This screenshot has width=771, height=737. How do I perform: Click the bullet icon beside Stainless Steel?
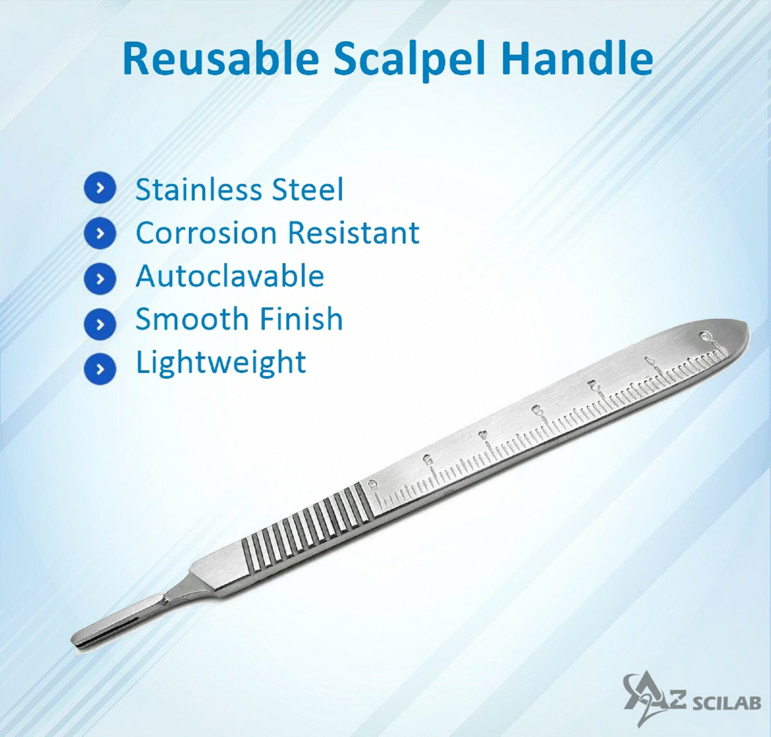(x=100, y=189)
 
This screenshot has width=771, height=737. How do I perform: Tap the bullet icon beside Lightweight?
(x=100, y=368)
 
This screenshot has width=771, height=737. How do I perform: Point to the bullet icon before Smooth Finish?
(x=100, y=324)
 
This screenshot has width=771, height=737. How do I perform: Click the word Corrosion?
(x=206, y=233)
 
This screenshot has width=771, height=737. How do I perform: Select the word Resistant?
(x=354, y=233)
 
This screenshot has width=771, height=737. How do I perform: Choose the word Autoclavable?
(x=230, y=276)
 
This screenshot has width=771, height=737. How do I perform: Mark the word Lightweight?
(x=221, y=364)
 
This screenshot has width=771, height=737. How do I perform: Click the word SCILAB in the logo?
(x=726, y=703)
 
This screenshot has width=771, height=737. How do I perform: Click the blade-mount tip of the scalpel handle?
(x=80, y=640)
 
